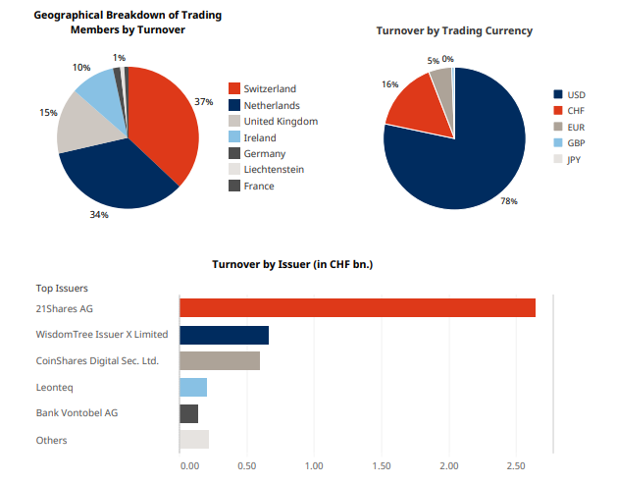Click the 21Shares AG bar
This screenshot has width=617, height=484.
click(357, 308)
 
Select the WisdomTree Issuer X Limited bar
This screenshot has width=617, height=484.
click(224, 335)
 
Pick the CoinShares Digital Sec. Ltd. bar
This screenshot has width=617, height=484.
click(220, 360)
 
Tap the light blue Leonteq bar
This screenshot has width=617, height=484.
click(193, 387)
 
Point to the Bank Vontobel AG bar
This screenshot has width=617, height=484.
click(189, 413)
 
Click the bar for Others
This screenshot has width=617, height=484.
click(194, 439)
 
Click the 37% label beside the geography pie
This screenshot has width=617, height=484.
click(204, 102)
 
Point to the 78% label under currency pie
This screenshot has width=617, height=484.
click(508, 201)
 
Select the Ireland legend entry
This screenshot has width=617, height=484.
click(259, 137)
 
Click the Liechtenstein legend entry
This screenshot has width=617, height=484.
click(273, 170)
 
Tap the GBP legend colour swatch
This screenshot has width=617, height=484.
click(558, 143)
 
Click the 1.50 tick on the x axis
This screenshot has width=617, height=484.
click(382, 463)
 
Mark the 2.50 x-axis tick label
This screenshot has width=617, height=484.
click(516, 463)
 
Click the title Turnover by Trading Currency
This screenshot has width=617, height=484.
click(454, 30)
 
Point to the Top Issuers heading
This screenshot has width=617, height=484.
click(62, 289)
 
